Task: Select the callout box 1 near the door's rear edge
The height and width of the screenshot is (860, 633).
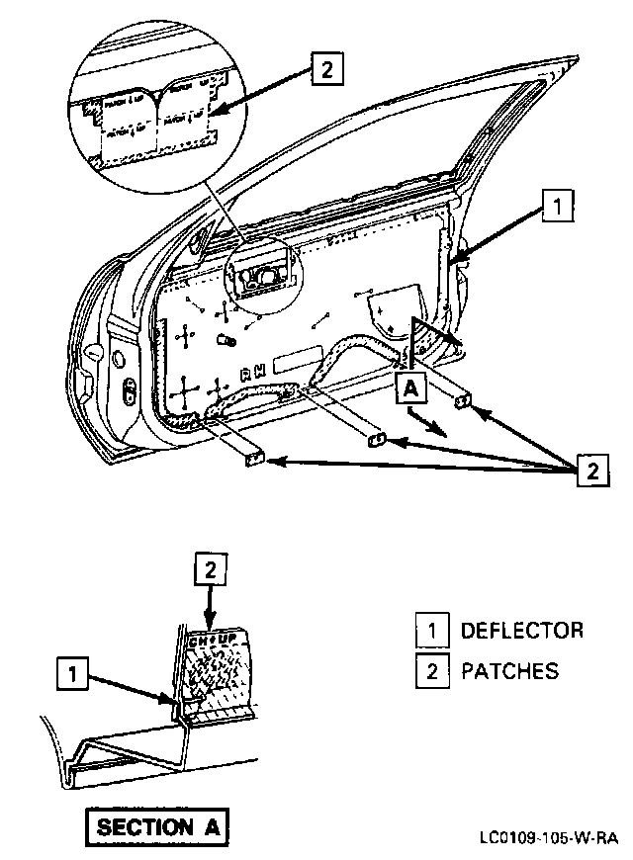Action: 557,207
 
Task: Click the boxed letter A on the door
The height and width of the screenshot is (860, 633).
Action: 412,388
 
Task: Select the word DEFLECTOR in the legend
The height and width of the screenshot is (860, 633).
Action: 522,631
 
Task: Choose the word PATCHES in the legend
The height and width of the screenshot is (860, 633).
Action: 509,671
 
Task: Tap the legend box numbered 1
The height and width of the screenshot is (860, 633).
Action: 431,631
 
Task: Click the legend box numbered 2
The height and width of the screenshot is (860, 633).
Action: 431,671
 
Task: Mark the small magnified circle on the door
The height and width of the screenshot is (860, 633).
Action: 258,271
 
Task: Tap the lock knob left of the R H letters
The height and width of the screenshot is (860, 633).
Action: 225,340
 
